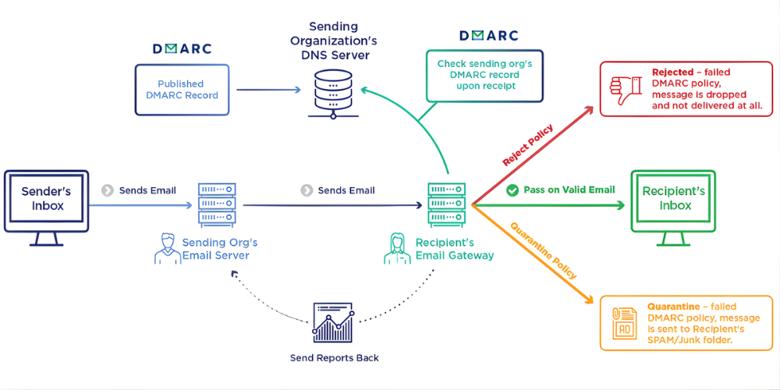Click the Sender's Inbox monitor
click(45, 200)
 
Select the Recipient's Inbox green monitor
click(673, 200)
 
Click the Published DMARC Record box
click(181, 90)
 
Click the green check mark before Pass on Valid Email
click(512, 190)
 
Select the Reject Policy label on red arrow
click(528, 145)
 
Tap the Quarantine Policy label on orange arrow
click(544, 250)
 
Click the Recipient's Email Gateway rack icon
click(447, 204)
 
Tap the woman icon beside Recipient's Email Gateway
click(397, 249)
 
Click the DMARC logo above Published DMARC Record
click(181, 48)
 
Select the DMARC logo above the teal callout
click(488, 35)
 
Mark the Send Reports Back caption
click(333, 358)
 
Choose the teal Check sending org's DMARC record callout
click(484, 75)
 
